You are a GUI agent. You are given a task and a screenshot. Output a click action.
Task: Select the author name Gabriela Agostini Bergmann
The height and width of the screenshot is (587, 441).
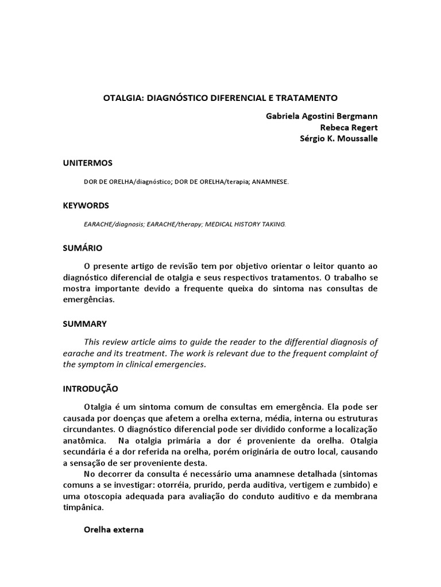(x=322, y=116)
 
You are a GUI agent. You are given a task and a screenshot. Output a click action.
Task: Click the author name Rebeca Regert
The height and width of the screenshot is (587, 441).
(x=349, y=127)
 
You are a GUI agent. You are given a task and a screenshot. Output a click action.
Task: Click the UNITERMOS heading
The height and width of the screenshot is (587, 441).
(x=88, y=163)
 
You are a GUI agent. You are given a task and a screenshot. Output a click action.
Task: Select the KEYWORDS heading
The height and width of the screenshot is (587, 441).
(x=86, y=205)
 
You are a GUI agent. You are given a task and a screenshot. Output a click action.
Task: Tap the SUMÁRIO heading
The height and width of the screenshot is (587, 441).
(x=83, y=248)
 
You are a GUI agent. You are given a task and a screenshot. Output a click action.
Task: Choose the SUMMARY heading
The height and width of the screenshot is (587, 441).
(x=84, y=324)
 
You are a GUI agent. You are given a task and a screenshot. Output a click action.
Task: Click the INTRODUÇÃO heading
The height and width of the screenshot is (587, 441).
(x=91, y=388)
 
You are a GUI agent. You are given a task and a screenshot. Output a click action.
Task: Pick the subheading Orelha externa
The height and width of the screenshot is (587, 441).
(x=114, y=530)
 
